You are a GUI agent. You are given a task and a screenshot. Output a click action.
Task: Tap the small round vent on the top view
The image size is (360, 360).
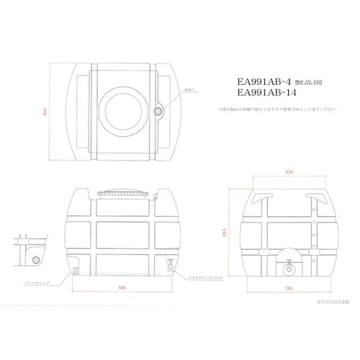coord(158,112)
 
